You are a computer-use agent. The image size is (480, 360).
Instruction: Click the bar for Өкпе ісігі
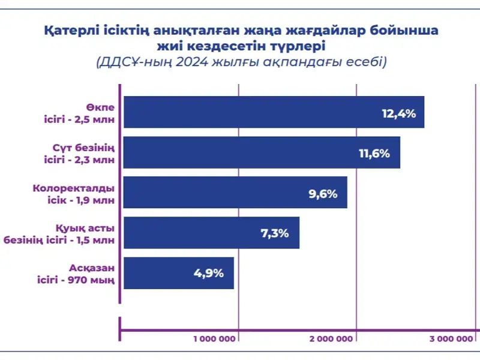pyautogui.click(x=273, y=112)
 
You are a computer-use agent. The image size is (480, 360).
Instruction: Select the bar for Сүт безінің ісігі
pyautogui.click(x=261, y=152)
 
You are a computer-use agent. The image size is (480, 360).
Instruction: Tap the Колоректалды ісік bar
pyautogui.click(x=235, y=193)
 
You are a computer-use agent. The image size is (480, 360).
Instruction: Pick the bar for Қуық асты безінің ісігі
pyautogui.click(x=211, y=233)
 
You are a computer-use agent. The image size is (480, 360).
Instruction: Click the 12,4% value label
pyautogui.click(x=398, y=113)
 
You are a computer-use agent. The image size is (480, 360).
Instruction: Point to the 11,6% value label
pyautogui.click(x=374, y=153)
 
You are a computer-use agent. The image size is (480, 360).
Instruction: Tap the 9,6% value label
pyautogui.click(x=323, y=193)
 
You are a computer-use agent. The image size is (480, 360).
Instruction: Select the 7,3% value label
pyautogui.click(x=274, y=233)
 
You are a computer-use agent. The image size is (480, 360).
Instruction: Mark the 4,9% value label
pyautogui.click(x=208, y=274)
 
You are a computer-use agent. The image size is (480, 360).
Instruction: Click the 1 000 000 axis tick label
pyautogui.click(x=214, y=339)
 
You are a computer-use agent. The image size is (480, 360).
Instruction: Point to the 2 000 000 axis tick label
pyautogui.click(x=331, y=339)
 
